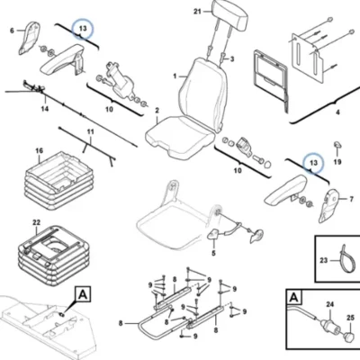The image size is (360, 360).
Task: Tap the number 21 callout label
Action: tap(197, 12)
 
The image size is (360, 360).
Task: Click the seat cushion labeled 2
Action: tap(180, 138)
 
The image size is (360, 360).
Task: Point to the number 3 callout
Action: tap(232, 59)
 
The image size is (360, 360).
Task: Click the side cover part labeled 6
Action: tap(29, 38)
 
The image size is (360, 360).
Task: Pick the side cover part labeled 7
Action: tap(328, 206)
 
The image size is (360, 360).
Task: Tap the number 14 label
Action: tap(45, 109)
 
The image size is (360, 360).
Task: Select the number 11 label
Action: tap(91, 131)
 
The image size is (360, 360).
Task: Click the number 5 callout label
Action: tap(213, 254)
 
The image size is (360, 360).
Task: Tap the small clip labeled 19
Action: tap(337, 144)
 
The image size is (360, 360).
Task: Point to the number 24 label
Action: tap(329, 304)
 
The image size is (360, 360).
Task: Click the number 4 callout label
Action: tap(337, 112)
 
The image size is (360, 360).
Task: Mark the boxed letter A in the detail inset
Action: tap(294, 297)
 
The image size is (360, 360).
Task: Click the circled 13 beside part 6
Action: tap(83, 29)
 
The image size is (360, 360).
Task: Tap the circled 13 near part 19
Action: tap(313, 163)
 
